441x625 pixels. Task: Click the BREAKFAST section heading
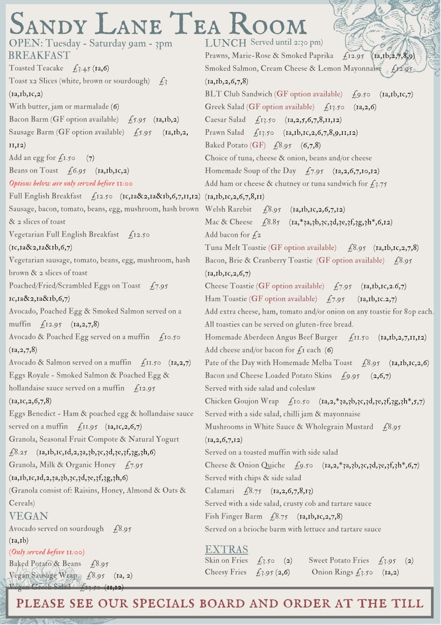(40, 55)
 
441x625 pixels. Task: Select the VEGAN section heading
(29, 516)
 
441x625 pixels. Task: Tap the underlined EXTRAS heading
(226, 549)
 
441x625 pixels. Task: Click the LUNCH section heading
(225, 43)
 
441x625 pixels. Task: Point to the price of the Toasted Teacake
(82, 68)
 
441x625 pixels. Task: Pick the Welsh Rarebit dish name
(228, 209)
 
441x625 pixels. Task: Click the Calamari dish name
(219, 491)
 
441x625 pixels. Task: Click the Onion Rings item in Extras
(332, 572)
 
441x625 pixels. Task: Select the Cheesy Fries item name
(225, 572)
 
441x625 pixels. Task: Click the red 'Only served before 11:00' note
(47, 552)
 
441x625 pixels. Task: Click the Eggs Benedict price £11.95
(87, 427)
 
